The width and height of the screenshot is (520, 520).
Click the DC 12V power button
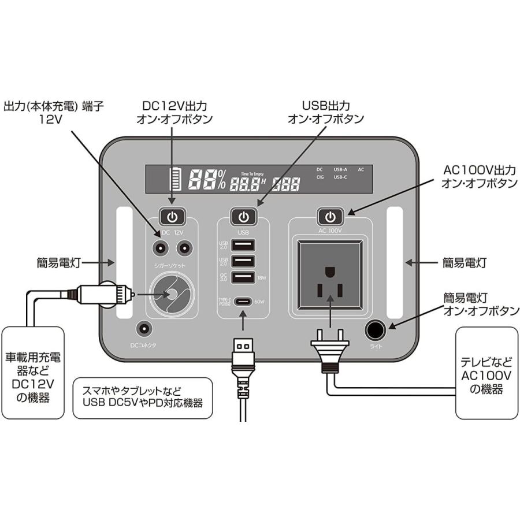click(172, 217)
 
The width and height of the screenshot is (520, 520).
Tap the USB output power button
click(244, 217)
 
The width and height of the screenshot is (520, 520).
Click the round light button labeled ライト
click(376, 330)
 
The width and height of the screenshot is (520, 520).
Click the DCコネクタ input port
click(143, 330)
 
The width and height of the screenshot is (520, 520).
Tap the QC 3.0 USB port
click(243, 278)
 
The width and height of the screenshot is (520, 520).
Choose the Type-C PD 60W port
click(243, 302)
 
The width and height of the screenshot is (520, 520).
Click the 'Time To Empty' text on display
click(252, 173)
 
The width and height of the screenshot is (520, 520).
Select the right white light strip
click(395, 262)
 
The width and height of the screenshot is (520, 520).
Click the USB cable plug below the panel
click(243, 352)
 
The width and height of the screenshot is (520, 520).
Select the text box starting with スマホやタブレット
click(143, 398)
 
